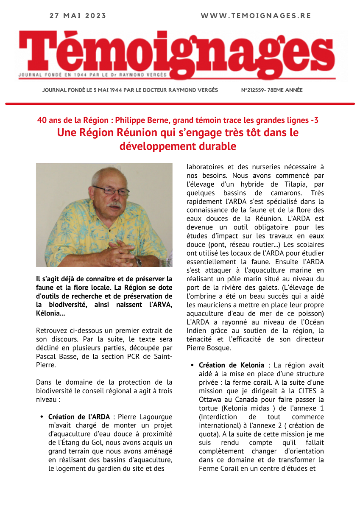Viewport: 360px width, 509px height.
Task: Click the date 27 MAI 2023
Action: pos(78,16)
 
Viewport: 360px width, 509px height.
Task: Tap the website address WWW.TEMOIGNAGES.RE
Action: pos(256,16)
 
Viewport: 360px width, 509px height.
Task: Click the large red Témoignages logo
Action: pos(177,53)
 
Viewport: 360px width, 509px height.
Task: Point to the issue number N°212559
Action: pos(256,90)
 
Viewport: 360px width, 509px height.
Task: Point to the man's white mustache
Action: pos(114,205)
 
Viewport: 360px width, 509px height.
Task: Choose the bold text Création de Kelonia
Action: pos(232,365)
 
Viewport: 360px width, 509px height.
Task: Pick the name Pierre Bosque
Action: pos(209,348)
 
